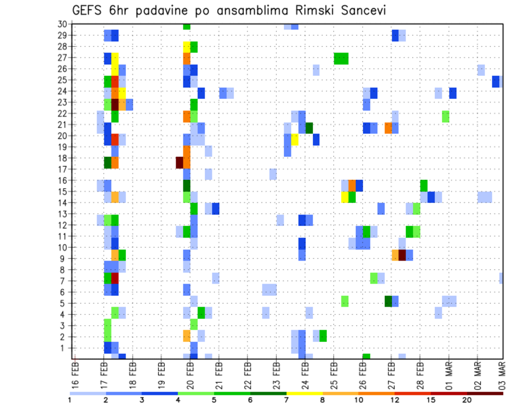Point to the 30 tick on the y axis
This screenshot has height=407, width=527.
click(62, 24)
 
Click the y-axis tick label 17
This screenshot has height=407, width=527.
click(62, 169)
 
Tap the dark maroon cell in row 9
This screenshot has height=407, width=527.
click(402, 255)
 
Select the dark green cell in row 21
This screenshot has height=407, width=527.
click(309, 128)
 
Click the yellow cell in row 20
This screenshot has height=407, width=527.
click(295, 139)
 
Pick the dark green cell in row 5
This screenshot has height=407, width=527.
click(388, 301)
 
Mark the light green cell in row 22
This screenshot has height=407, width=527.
click(445, 116)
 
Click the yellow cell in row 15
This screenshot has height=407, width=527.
click(345, 196)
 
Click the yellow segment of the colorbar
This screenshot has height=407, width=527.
click(304, 393)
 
